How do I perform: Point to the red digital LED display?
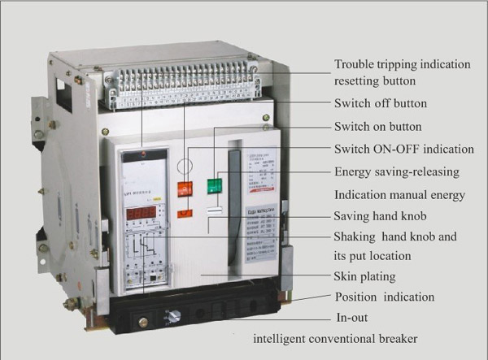141,213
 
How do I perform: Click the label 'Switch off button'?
380,104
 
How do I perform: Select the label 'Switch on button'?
378,127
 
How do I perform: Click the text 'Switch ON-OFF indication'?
403,150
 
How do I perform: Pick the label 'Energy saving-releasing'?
396,172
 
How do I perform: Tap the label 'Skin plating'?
365,277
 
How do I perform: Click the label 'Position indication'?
385,297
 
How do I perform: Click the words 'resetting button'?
375,82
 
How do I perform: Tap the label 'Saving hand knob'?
380,216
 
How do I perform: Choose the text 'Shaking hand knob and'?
396,236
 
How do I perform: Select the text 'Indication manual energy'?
399,195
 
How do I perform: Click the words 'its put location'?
373,256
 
